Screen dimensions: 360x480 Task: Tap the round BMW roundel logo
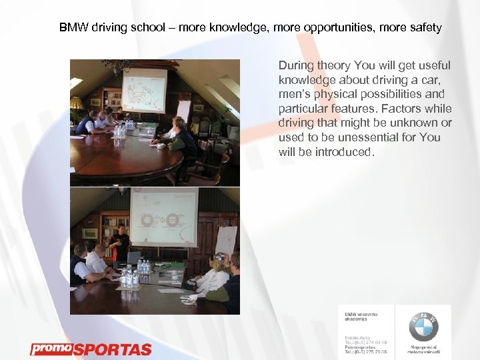(x=423, y=327)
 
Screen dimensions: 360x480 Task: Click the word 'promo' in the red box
(x=51, y=349)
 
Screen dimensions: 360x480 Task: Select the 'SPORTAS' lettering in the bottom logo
(x=112, y=349)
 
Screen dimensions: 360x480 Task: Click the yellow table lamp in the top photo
(x=77, y=103)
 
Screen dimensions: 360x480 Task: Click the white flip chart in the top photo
(x=183, y=111)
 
